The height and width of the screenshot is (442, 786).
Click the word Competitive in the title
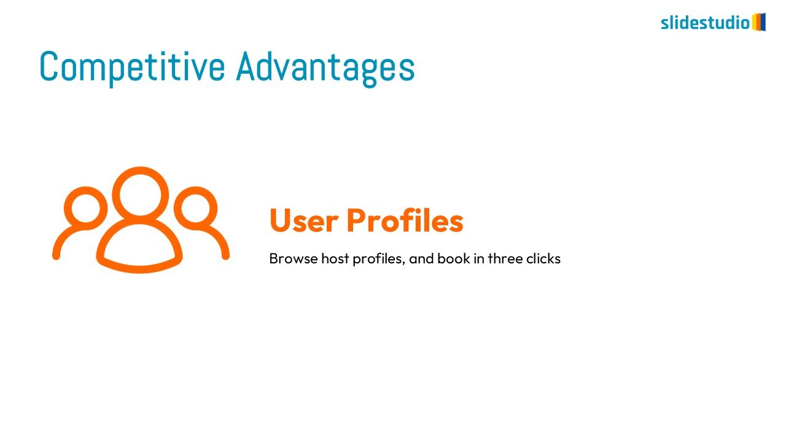click(132, 67)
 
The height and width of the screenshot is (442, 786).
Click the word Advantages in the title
click(325, 67)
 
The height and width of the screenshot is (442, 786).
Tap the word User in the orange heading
click(304, 220)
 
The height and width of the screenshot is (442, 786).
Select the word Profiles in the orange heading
click(405, 220)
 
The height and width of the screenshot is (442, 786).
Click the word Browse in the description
click(294, 258)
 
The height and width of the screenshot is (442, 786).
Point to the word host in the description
click(335, 258)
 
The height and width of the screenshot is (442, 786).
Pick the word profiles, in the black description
click(379, 259)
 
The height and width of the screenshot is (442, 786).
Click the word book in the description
click(454, 258)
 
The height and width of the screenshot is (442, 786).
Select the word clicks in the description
click(543, 258)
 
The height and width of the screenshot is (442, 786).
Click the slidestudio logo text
click(706, 23)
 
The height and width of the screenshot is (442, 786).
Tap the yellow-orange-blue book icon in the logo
click(758, 22)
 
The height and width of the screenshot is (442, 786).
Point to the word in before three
click(479, 258)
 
